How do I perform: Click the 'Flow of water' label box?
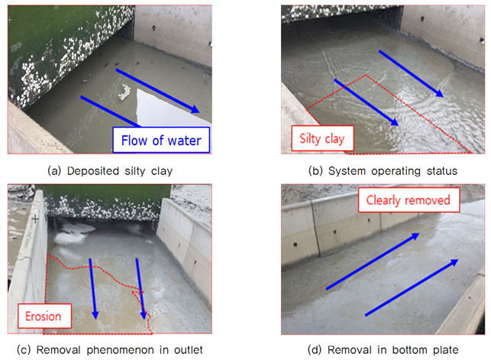tap(161, 140)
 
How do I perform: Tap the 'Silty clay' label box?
tap(322, 138)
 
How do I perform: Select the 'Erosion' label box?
tap(44, 316)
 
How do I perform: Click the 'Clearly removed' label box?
tap(409, 200)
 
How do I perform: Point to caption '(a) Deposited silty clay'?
tap(110, 171)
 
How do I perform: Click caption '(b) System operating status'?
tap(383, 171)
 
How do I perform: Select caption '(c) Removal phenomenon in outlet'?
tap(110, 349)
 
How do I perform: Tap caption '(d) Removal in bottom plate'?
tap(383, 349)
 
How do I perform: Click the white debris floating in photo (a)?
tap(124, 92)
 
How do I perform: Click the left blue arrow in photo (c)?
tap(92, 289)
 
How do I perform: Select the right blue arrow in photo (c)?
tap(141, 289)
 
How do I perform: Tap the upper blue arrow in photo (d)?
tap(373, 261)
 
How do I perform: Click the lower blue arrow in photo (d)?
tap(412, 287)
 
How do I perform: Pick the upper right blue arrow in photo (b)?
tap(411, 73)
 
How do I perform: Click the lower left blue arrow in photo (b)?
tap(366, 102)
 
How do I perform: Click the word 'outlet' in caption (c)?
tap(189, 349)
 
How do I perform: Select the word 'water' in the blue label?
tap(185, 141)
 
